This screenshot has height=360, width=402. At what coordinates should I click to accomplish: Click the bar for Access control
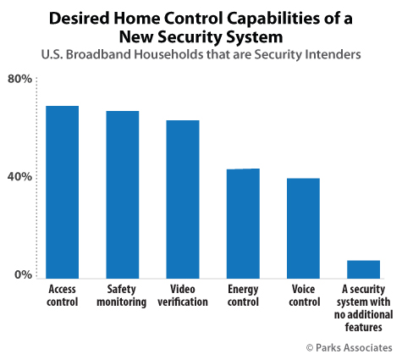[x=62, y=191]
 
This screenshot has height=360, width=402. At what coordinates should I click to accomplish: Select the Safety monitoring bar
[x=123, y=193]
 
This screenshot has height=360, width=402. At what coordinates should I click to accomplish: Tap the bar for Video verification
[x=182, y=197]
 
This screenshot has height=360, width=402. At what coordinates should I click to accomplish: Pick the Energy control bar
[x=243, y=222]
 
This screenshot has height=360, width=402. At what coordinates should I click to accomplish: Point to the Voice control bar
[x=303, y=226]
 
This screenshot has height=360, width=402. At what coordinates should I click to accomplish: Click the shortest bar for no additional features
[x=363, y=268]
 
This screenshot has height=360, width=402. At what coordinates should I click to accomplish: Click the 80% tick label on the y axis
[x=20, y=79]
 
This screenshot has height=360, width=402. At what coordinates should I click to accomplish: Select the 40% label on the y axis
[x=20, y=177]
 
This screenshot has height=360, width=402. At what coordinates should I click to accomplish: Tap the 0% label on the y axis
[x=24, y=275]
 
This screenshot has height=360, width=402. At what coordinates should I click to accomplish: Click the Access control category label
[x=62, y=295]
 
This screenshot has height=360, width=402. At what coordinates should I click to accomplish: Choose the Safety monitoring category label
[x=123, y=295]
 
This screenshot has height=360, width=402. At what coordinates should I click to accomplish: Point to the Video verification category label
[x=182, y=295]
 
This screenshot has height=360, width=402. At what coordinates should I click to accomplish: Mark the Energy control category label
[x=243, y=295]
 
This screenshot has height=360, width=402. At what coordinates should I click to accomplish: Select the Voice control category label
[x=303, y=295]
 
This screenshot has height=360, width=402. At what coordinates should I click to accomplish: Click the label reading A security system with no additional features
[x=363, y=301]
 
